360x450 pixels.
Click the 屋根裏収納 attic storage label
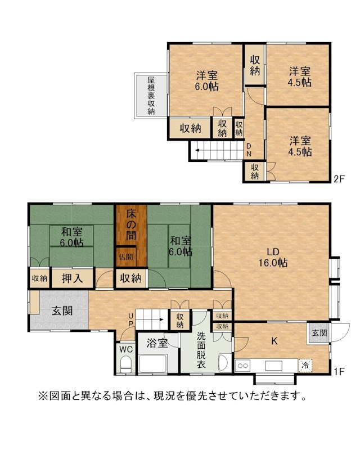point(151,95)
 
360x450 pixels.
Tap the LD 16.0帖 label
point(273,257)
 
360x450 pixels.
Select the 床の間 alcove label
point(131,225)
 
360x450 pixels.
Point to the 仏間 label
point(126,256)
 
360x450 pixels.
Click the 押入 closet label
point(72,278)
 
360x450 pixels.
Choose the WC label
point(126,349)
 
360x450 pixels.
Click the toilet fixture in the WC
point(125,364)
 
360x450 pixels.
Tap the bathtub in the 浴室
point(153,363)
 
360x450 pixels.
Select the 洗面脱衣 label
point(201,350)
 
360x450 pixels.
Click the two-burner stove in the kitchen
point(242,366)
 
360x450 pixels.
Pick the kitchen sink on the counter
point(273,366)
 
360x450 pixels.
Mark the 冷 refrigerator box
point(305,366)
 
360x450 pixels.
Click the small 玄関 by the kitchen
point(319,333)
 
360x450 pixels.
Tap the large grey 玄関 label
point(62,310)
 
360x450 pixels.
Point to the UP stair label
point(130,319)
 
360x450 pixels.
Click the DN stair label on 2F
point(249,150)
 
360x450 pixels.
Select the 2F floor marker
point(339,179)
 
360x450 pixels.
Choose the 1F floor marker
point(339,372)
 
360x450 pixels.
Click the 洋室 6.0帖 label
point(206,80)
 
